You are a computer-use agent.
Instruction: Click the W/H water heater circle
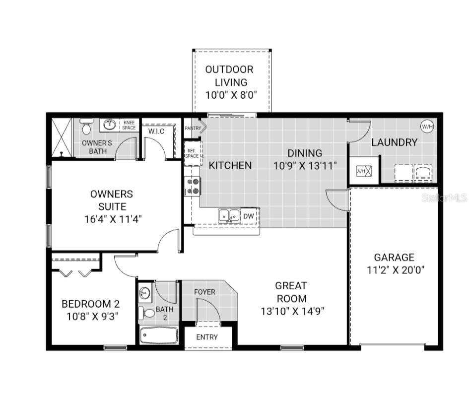[x=427, y=127]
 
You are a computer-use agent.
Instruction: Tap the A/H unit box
[x=361, y=171]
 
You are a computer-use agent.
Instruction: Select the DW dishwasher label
[x=248, y=216]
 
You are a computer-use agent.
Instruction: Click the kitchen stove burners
[x=192, y=186]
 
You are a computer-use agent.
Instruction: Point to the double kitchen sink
[x=229, y=215]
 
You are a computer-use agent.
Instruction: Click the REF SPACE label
[x=192, y=153]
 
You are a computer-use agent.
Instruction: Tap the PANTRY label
[x=193, y=129]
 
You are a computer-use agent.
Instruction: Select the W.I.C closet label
[x=157, y=131]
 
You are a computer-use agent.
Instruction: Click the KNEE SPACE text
[x=129, y=125]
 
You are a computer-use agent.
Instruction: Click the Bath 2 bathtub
[x=158, y=335]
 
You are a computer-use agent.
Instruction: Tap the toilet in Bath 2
[x=148, y=313]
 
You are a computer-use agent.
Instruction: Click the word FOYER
[x=204, y=292]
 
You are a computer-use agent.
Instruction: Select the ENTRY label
[x=206, y=337]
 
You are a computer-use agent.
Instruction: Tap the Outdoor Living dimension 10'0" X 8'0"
[x=231, y=95]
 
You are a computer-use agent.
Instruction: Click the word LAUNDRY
[x=394, y=142]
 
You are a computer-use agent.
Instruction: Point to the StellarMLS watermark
[x=444, y=198]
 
